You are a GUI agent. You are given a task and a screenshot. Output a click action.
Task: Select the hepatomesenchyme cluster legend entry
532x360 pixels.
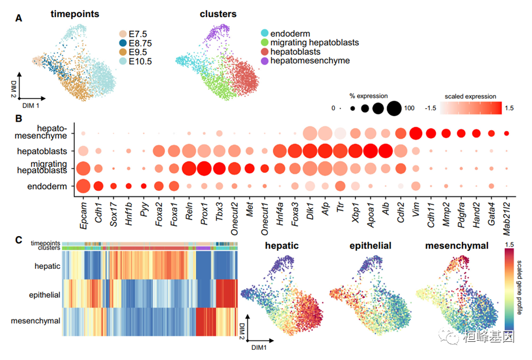coord(310,61)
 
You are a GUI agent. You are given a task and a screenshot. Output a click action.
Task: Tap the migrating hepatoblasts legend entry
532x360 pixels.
coord(315,42)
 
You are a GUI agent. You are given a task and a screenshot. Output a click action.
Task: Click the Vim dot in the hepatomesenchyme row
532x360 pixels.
coord(416,134)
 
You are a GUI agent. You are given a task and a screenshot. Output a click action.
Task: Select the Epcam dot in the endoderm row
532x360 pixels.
coord(83,186)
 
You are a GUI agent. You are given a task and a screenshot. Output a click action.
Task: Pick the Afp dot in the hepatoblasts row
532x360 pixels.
coord(325,151)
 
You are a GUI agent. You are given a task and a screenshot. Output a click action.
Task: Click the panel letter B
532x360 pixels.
coord(19,119)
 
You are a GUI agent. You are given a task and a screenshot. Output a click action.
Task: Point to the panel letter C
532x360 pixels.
coord(19,239)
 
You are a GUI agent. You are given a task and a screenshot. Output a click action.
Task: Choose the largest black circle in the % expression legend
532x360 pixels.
coord(394,108)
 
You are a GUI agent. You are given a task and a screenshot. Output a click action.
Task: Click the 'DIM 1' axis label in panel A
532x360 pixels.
coord(32,105)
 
